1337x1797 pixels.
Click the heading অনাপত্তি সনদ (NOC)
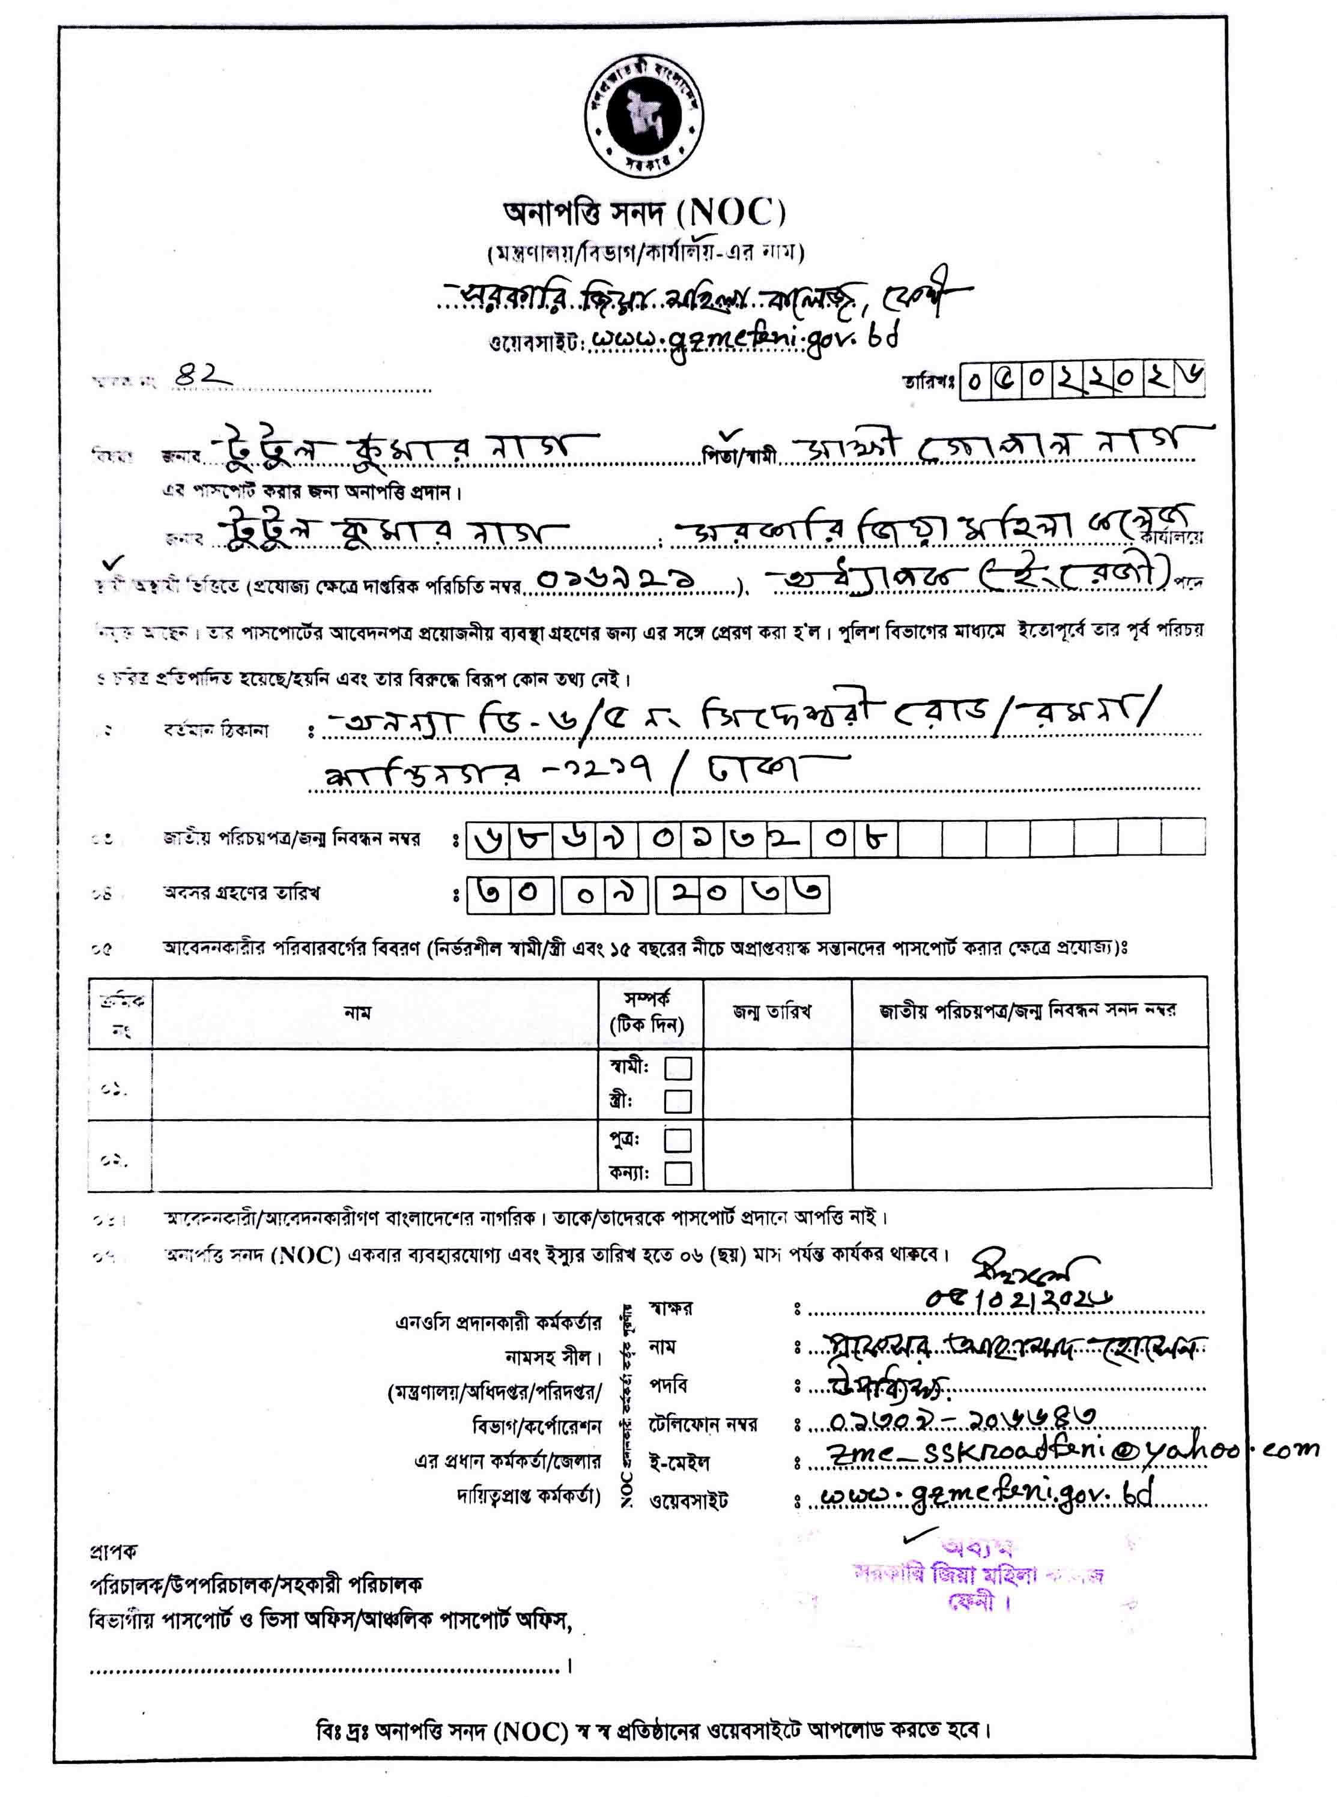(644, 214)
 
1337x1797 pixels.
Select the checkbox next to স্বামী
(678, 1068)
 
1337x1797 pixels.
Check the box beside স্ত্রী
(678, 1101)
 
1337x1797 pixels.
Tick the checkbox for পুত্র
(678, 1140)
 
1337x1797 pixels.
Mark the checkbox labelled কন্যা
(678, 1173)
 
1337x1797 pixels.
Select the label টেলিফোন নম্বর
(703, 1424)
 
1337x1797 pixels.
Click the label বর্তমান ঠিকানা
(215, 731)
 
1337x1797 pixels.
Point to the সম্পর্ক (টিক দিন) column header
(647, 1012)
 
